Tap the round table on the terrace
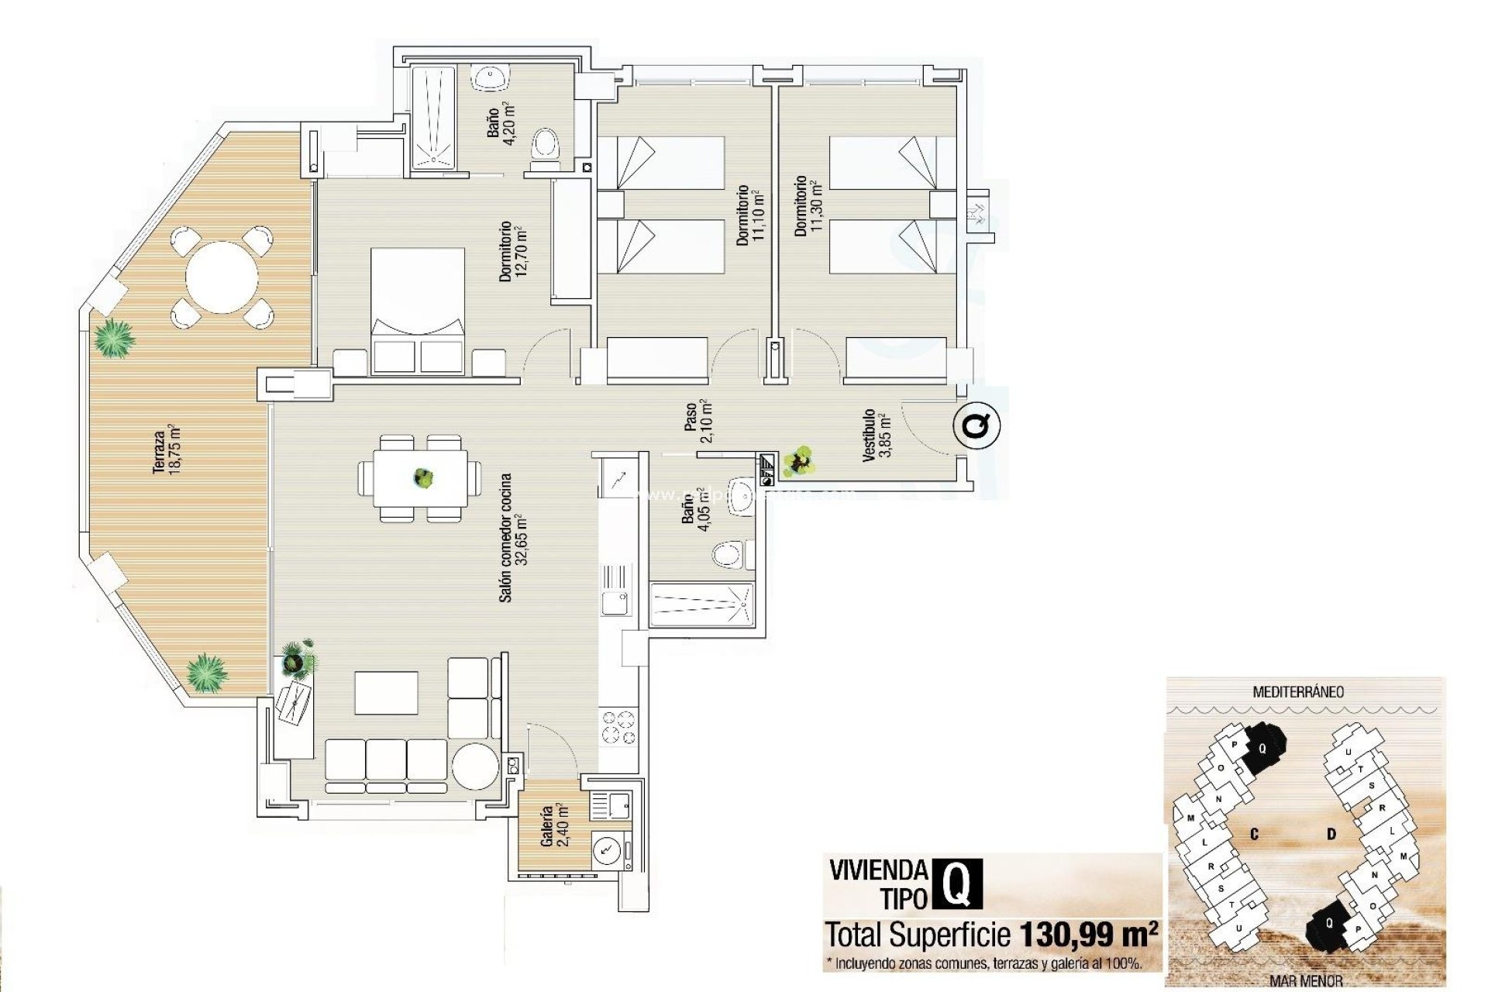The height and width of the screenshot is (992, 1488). tap(222, 277)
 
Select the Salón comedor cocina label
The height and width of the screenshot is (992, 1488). tap(512, 538)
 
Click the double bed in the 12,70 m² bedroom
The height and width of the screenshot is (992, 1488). tap(418, 310)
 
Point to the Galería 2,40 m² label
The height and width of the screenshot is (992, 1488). tap(555, 826)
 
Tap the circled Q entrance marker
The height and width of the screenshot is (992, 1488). tap(976, 425)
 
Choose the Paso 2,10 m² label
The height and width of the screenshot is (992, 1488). tap(697, 420)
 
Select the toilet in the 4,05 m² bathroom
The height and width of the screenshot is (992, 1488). tap(728, 555)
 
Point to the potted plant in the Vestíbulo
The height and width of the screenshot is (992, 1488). tap(798, 461)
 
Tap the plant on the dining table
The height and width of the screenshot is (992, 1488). tap(423, 477)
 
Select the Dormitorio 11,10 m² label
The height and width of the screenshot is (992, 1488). tap(750, 215)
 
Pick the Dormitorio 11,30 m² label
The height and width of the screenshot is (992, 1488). tap(807, 206)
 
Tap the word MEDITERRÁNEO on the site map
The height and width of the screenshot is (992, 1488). tap(1298, 691)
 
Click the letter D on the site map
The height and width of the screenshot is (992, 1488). tap(1331, 834)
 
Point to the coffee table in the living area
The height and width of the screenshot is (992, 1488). tap(386, 693)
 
